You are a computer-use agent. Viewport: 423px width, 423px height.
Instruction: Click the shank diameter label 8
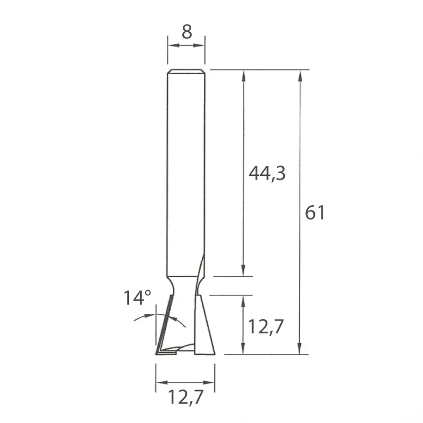click(x=187, y=32)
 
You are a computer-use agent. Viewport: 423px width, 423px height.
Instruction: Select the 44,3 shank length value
click(x=267, y=173)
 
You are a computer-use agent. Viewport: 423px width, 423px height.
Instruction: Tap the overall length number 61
click(x=315, y=213)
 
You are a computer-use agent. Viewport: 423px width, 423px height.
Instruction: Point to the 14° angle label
click(x=137, y=298)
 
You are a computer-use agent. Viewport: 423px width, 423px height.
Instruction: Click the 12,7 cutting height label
click(x=266, y=326)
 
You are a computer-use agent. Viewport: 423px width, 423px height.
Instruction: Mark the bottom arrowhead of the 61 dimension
click(x=300, y=350)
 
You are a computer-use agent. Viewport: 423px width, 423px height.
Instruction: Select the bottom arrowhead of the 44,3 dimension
click(x=243, y=272)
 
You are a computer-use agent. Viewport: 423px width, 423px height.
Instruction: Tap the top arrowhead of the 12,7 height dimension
click(x=243, y=300)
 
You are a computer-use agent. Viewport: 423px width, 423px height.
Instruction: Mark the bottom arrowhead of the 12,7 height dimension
click(x=243, y=350)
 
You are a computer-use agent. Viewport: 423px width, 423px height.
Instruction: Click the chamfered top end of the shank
click(x=186, y=72)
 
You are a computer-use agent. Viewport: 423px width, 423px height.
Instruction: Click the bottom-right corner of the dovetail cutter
click(x=214, y=353)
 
